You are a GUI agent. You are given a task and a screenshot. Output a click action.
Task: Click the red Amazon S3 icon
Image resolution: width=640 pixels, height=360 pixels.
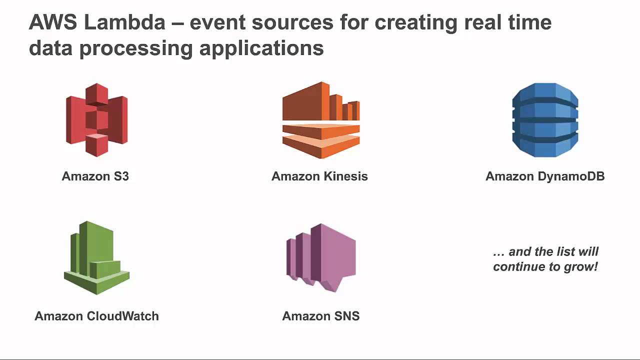96,120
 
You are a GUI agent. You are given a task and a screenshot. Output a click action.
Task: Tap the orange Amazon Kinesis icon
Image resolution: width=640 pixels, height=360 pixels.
320,120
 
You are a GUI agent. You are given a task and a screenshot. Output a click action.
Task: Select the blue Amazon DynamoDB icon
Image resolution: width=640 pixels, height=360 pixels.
545,120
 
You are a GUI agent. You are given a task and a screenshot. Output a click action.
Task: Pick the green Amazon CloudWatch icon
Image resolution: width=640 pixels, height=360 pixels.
96,258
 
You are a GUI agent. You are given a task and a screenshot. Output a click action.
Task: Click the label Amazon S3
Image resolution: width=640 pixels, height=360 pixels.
95,176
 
